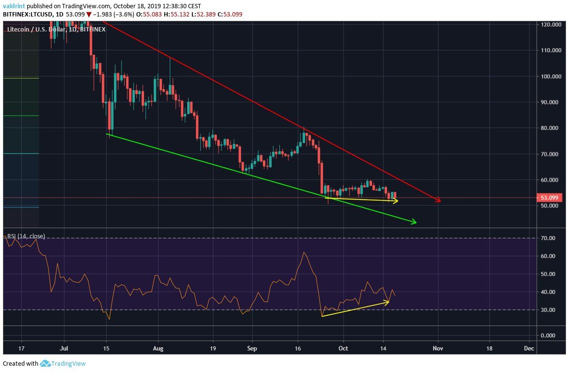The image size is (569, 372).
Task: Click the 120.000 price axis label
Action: (552, 24)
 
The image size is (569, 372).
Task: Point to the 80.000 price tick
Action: (552, 128)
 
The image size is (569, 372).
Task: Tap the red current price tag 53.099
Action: (550, 198)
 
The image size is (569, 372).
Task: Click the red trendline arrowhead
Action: (438, 200)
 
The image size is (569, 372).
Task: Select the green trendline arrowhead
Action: (414, 222)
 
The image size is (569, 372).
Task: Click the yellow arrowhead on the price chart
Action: (395, 201)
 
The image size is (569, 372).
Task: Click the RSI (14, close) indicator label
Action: (26, 236)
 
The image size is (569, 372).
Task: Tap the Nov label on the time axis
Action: (438, 348)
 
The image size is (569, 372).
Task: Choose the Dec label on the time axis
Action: (529, 348)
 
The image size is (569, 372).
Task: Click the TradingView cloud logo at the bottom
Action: (46, 363)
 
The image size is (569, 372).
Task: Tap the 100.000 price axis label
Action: (552, 76)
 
